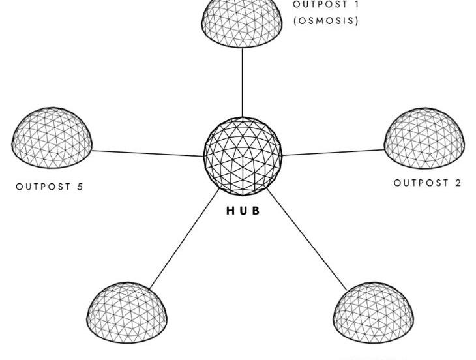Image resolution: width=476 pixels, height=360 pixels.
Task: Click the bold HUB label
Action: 243,211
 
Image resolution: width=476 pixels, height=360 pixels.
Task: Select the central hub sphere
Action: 243,157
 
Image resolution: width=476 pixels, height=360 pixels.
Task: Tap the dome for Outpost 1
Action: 242,23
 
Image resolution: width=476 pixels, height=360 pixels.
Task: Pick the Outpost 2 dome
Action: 424,138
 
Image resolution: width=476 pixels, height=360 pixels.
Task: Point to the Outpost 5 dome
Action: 52,138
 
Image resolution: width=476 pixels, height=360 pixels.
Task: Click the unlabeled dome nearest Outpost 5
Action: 127,312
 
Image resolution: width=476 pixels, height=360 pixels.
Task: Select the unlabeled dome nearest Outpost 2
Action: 374,312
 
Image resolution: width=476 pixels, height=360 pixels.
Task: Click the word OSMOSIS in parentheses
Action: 326,21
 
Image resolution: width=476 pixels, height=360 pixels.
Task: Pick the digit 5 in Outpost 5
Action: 80,187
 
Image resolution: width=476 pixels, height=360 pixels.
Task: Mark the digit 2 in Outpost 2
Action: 458,183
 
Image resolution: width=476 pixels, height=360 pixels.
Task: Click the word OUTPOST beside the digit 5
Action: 43,187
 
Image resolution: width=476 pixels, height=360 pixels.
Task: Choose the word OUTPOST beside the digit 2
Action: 421,183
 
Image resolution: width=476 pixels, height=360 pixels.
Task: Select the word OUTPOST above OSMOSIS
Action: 320,5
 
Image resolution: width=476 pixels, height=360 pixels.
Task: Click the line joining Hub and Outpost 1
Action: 243,83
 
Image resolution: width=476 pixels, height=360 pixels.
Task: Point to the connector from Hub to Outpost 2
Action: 333,153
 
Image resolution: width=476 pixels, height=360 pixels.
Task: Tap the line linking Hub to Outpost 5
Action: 147,153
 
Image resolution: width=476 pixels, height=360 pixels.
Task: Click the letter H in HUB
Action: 230,211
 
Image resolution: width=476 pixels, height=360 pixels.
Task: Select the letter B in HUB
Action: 256,211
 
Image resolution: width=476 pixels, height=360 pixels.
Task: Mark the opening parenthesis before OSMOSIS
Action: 295,21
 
